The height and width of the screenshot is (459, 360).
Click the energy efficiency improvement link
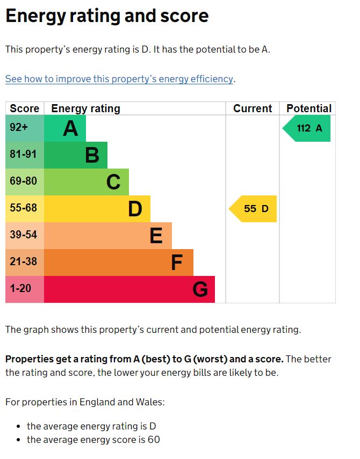(119, 79)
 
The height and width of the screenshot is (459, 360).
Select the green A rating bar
(64, 128)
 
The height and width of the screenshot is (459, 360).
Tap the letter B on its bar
(92, 155)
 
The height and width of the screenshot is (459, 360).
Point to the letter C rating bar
(86, 182)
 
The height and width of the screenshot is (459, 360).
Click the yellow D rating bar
(97, 209)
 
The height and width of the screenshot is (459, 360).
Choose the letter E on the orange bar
(156, 236)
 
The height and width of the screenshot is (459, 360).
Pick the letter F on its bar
(177, 263)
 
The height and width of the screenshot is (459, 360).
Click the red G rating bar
(129, 289)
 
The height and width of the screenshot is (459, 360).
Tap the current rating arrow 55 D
(254, 209)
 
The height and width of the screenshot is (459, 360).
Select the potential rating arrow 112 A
(307, 128)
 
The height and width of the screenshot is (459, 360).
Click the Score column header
(25, 108)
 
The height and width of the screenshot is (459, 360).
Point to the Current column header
(253, 108)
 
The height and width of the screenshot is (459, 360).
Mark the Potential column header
(309, 108)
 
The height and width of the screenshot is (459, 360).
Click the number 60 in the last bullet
(154, 440)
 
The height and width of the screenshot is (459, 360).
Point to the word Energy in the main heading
(35, 16)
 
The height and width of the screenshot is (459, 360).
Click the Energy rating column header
(85, 108)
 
